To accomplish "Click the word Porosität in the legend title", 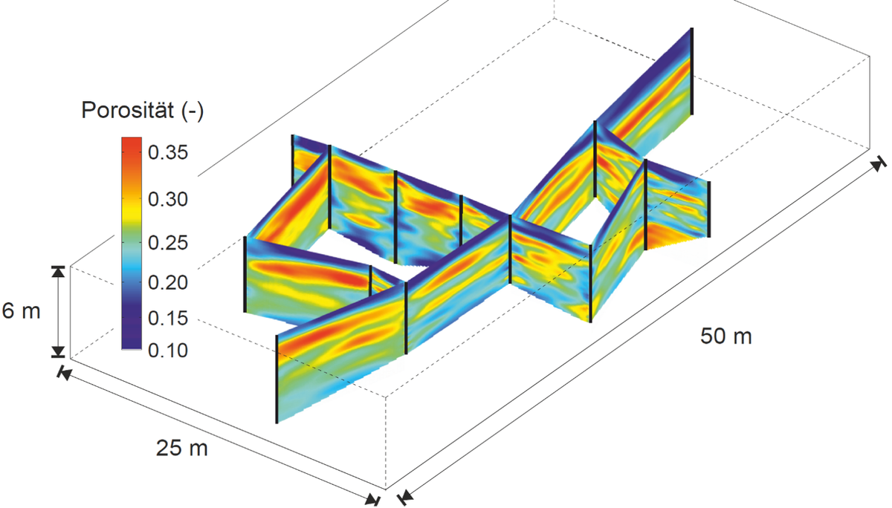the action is [127, 110].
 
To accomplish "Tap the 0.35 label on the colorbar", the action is [168, 152].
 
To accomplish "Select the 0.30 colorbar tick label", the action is [168, 199].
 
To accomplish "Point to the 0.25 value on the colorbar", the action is [168, 243].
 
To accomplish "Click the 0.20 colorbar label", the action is [168, 282].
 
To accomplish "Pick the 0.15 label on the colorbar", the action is [168, 319].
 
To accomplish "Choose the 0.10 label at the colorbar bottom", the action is [168, 351].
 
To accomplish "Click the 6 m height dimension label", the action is [21, 310].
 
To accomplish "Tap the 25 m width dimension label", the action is [181, 448].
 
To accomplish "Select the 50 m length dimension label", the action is [726, 336].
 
